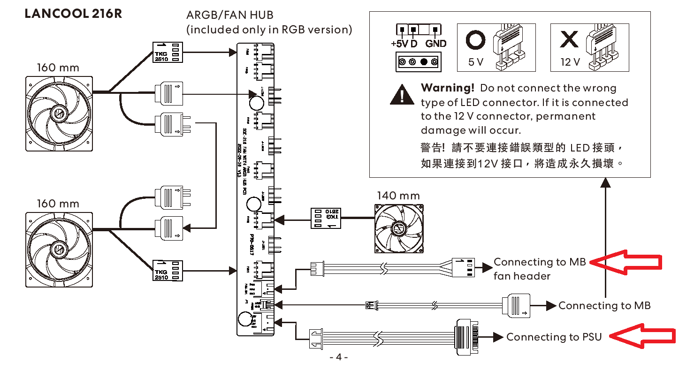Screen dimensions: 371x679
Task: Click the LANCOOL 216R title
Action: tap(73, 14)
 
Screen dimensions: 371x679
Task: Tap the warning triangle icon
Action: tap(402, 95)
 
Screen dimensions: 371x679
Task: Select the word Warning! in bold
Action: tap(448, 88)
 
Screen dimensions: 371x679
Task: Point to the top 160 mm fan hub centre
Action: tap(59, 113)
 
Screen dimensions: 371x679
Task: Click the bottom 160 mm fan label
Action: tap(58, 204)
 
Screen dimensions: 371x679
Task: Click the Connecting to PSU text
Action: tap(554, 337)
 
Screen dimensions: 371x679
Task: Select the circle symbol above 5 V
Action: tap(475, 40)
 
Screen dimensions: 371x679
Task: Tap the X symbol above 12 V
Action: tap(569, 40)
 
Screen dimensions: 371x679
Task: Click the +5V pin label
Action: tap(399, 44)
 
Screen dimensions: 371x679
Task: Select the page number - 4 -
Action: tap(339, 357)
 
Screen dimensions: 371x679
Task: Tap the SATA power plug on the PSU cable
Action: tap(466, 336)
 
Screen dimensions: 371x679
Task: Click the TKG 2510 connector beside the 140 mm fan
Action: tap(327, 218)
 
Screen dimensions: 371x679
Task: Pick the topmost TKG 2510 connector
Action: tap(168, 52)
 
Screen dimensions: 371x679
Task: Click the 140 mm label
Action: tap(398, 196)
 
